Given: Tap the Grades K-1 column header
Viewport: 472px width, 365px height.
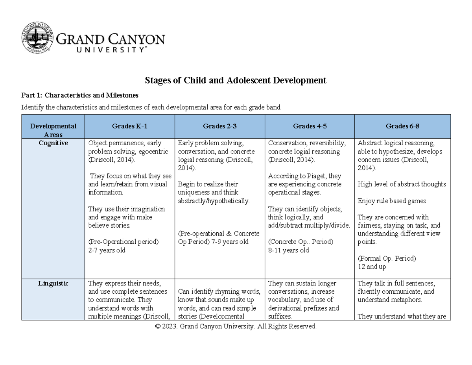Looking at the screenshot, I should tap(129, 126).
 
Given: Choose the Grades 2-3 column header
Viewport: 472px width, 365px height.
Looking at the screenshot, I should tap(220, 126).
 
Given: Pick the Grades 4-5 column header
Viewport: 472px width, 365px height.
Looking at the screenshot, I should tap(310, 126).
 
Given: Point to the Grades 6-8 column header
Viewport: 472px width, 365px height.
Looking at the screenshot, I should tap(402, 126).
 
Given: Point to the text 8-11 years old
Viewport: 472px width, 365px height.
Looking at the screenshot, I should tap(288, 250).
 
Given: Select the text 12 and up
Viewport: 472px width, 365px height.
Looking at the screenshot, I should tap(372, 267).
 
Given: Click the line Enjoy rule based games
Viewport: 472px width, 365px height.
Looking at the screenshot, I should tap(392, 201).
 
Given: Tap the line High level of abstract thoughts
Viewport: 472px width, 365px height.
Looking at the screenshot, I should tap(402, 184).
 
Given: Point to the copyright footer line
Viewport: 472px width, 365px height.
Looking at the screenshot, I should tap(236, 326).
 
